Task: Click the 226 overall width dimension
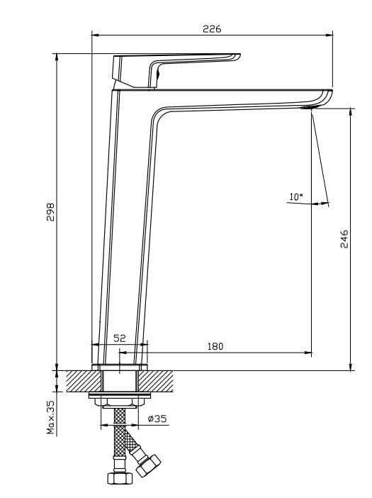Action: pyautogui.click(x=212, y=29)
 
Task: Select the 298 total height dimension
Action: pyautogui.click(x=50, y=211)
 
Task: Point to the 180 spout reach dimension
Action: pyautogui.click(x=215, y=346)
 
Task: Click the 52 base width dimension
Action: pyautogui.click(x=120, y=339)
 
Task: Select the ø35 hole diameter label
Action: pyautogui.click(x=157, y=419)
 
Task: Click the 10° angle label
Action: pyautogui.click(x=295, y=197)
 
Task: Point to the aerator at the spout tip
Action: pyautogui.click(x=306, y=109)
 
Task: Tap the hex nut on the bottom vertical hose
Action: pyautogui.click(x=120, y=477)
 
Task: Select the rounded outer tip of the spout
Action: pyautogui.click(x=329, y=94)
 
